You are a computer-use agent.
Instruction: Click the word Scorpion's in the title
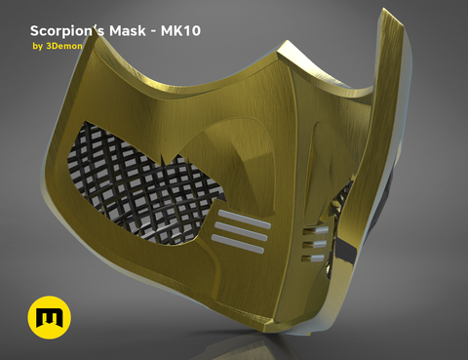click(67, 31)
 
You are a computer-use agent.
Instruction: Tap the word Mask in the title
click(128, 31)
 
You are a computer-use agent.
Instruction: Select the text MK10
click(180, 31)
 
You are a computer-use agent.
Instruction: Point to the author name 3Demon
click(64, 46)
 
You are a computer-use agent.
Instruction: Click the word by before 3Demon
click(38, 47)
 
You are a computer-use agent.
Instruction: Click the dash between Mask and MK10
click(153, 32)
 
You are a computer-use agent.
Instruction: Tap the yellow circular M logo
click(50, 317)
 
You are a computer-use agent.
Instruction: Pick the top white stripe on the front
click(245, 220)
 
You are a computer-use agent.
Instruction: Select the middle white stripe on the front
click(241, 231)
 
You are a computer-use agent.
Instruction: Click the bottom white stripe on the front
click(238, 244)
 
